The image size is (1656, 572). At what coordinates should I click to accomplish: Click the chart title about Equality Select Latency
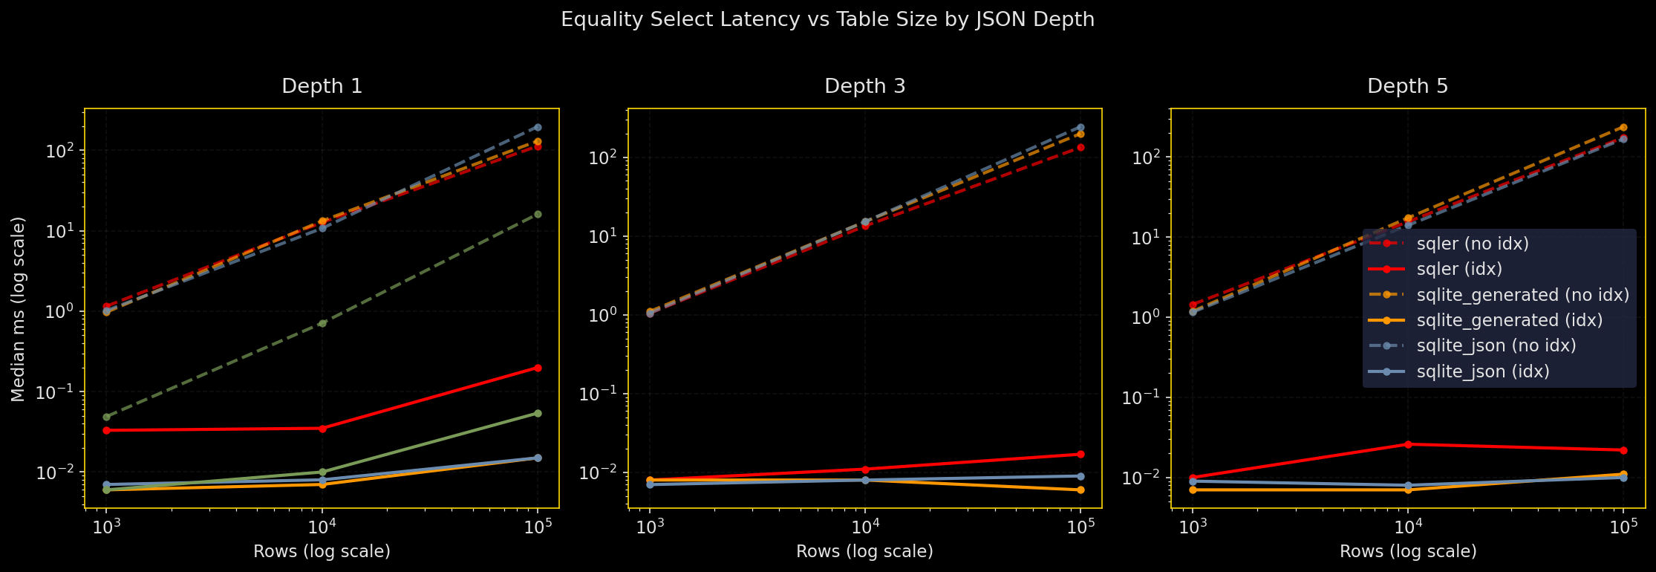(x=827, y=19)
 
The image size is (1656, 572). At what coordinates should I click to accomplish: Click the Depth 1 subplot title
(x=322, y=87)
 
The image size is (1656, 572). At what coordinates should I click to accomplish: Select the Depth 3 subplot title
(x=864, y=87)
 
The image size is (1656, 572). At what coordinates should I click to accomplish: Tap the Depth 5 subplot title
(x=1407, y=87)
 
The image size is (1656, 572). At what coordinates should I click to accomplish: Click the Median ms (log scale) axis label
(x=19, y=309)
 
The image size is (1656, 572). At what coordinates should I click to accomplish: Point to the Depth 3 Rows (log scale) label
(x=864, y=551)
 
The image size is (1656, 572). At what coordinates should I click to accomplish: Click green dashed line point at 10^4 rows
(x=322, y=323)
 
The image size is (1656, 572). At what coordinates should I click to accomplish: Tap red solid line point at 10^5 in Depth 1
(x=538, y=368)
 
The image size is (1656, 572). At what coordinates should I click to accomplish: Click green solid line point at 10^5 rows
(x=538, y=413)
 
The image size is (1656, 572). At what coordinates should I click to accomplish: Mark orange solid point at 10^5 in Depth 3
(x=1080, y=490)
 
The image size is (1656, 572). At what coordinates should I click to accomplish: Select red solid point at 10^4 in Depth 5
(x=1408, y=444)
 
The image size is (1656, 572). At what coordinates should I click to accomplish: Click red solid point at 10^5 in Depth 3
(x=1080, y=454)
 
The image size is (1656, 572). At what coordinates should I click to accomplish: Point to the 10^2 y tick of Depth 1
(x=65, y=151)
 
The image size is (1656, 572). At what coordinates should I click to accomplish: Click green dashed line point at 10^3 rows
(x=106, y=417)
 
